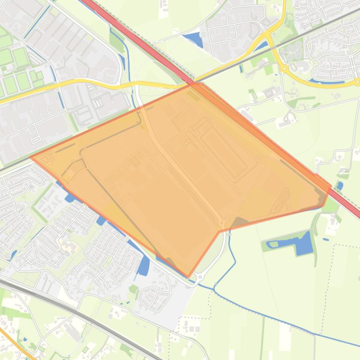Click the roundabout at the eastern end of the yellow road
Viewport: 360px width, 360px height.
(357, 82)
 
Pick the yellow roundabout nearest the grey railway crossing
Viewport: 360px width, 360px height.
(284, 69)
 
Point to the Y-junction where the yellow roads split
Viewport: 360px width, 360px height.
(268, 35)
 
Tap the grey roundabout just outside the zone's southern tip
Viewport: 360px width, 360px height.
(200, 277)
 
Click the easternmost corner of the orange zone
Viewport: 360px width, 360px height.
(331, 187)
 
